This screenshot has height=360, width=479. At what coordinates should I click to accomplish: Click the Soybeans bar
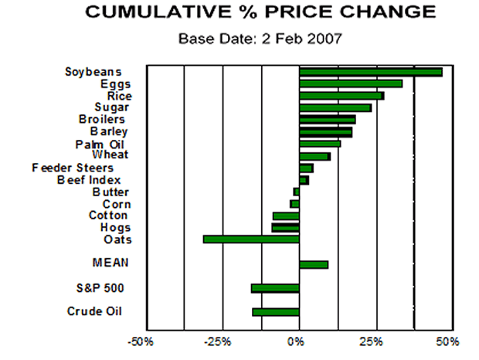(370, 72)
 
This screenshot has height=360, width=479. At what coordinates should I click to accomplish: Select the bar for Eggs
(351, 83)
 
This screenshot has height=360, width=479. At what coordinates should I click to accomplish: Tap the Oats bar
(251, 239)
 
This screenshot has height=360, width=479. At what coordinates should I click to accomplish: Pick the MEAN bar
(314, 264)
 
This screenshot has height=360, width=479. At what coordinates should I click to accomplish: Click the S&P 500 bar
(275, 288)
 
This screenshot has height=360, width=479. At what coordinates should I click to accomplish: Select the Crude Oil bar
(276, 312)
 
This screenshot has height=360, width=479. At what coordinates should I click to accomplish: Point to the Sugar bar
(335, 107)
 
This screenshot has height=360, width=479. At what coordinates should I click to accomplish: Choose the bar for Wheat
(314, 156)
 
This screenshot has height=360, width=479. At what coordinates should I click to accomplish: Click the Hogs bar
(285, 228)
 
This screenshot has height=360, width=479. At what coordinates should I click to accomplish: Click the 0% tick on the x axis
(298, 341)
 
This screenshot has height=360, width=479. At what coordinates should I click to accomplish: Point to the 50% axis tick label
(447, 341)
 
